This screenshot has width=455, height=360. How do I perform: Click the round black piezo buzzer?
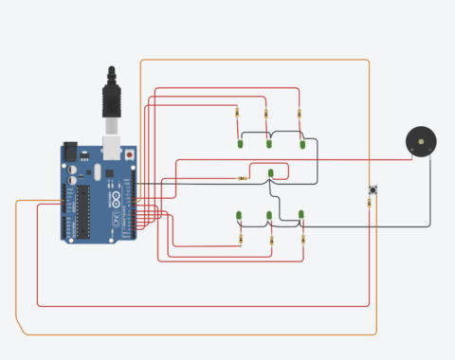(x=421, y=141)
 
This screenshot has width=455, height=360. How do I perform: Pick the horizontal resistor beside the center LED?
(x=244, y=178)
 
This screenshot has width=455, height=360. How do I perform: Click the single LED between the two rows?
(x=270, y=171)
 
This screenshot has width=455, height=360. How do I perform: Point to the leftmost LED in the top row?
(x=240, y=144)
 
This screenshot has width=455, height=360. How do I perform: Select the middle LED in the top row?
(x=269, y=144)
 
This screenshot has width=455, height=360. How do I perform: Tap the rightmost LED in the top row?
(x=302, y=144)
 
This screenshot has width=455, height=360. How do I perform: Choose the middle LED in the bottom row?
(x=269, y=217)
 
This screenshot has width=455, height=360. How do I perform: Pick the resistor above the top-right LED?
(x=300, y=116)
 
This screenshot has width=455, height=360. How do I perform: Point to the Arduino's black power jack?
(x=70, y=152)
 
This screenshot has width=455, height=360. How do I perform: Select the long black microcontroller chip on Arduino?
(x=83, y=209)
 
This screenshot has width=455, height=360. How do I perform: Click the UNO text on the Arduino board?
(x=116, y=217)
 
